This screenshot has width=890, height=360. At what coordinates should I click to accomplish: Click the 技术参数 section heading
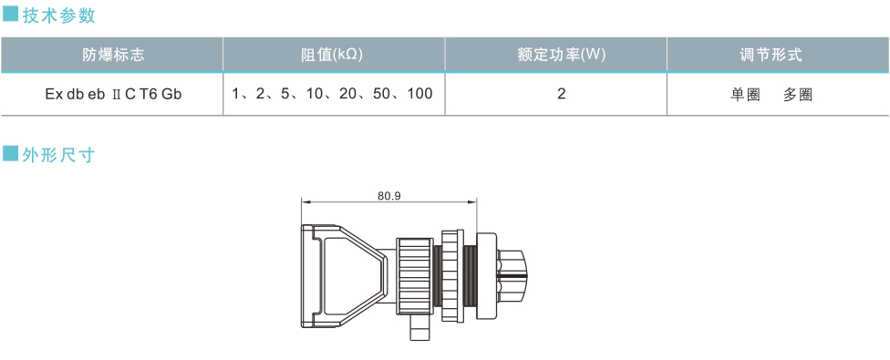[x=59, y=15]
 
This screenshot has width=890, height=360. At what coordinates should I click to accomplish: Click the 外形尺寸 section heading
[x=59, y=155]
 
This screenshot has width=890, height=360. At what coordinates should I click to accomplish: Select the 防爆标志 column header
[x=113, y=55]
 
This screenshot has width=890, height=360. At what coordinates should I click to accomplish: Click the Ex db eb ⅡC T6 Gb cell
[x=113, y=94]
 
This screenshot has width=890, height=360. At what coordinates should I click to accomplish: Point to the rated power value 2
[x=562, y=94]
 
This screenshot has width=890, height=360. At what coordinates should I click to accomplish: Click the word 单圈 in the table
[x=745, y=95]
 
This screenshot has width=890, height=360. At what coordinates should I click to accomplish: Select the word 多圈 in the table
[x=798, y=95]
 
